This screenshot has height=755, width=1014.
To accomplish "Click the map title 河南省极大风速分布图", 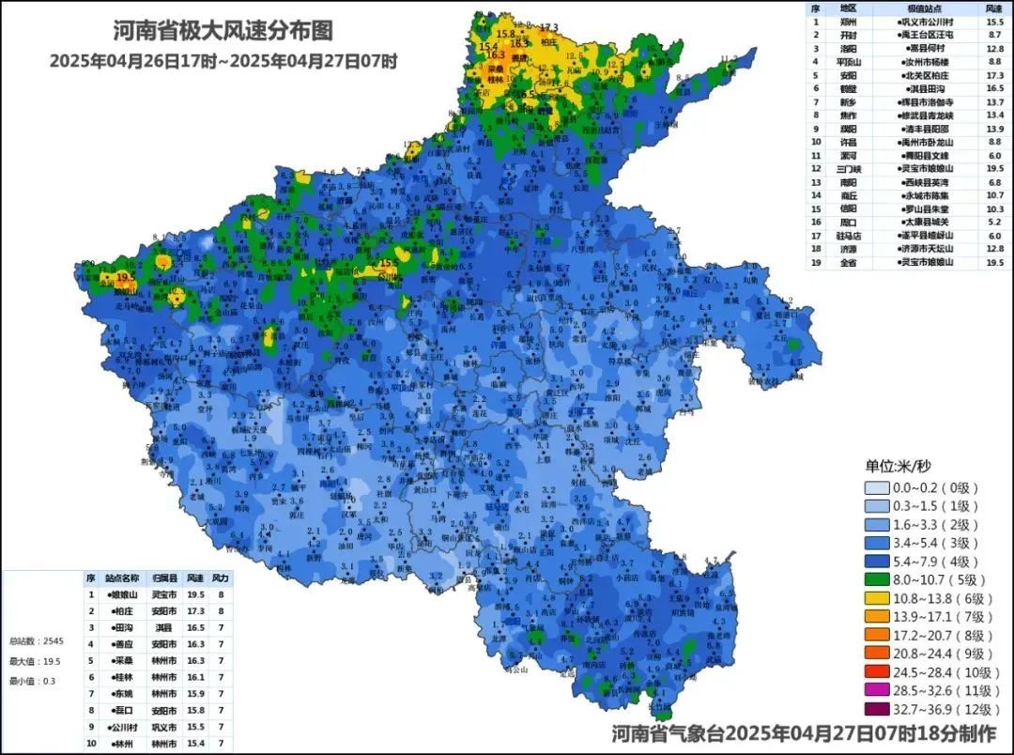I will pyautogui.click(x=223, y=31).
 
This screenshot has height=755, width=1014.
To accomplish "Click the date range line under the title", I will pyautogui.click(x=223, y=61).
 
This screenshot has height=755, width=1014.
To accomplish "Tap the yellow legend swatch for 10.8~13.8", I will pyautogui.click(x=884, y=598).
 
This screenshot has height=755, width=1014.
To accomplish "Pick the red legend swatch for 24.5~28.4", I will pyautogui.click(x=884, y=672).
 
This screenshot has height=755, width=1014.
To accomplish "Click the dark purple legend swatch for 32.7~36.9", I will pyautogui.click(x=884, y=710).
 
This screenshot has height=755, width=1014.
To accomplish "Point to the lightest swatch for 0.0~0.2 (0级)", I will pyautogui.click(x=884, y=487).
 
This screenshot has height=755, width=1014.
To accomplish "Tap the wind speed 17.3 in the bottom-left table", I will pyautogui.click(x=195, y=610).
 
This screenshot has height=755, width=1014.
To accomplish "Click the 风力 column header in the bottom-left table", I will pyautogui.click(x=221, y=578).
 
